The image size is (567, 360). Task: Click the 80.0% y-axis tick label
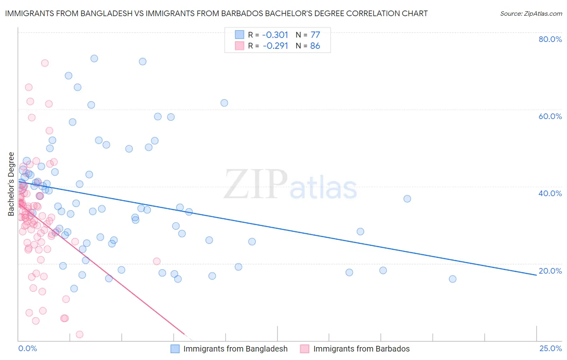550,39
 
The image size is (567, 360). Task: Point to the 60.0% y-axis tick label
550,116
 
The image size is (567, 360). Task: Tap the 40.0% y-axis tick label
550,193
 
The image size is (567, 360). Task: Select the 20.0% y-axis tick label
550,271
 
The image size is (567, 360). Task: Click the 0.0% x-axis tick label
27,348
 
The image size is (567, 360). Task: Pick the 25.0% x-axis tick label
550,348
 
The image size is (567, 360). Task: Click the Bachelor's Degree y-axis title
11,184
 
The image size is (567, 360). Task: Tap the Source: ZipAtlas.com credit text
531,14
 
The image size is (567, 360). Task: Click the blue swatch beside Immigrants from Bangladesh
175,349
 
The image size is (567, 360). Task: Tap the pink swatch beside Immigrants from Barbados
305,349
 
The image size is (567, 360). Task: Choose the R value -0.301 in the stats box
275,35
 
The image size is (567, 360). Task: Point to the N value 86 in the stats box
315,46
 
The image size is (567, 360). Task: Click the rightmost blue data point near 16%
452,279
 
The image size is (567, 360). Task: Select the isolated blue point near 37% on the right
407,199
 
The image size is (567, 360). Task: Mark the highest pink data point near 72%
45,63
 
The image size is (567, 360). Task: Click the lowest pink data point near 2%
79,335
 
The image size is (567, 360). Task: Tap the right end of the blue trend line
536,275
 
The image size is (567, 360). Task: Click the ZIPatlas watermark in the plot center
290,185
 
